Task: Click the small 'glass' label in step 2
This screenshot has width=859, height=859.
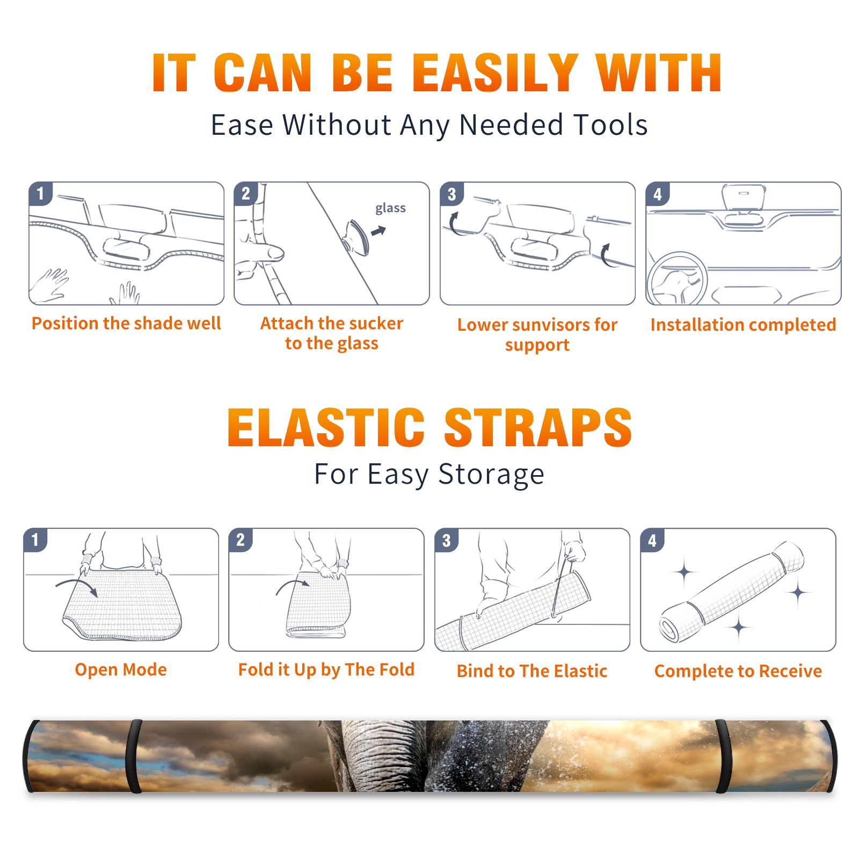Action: (390, 208)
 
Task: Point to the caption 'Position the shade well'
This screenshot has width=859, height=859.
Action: (126, 323)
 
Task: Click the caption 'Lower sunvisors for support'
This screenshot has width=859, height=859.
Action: (537, 334)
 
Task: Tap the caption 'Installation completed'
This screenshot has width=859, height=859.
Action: (743, 324)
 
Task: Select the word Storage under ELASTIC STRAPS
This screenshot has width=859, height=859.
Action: (491, 475)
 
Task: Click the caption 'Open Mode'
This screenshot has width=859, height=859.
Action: (121, 669)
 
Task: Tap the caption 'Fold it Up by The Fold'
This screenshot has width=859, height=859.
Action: (326, 669)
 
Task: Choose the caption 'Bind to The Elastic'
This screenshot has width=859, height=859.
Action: (532, 671)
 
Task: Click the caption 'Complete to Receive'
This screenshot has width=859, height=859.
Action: (738, 671)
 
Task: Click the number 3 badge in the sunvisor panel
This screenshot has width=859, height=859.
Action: (452, 194)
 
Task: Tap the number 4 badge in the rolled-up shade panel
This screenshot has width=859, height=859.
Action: (652, 540)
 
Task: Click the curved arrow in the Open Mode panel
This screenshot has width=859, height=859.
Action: (76, 583)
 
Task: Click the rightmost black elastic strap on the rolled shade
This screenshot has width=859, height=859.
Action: (723, 756)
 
